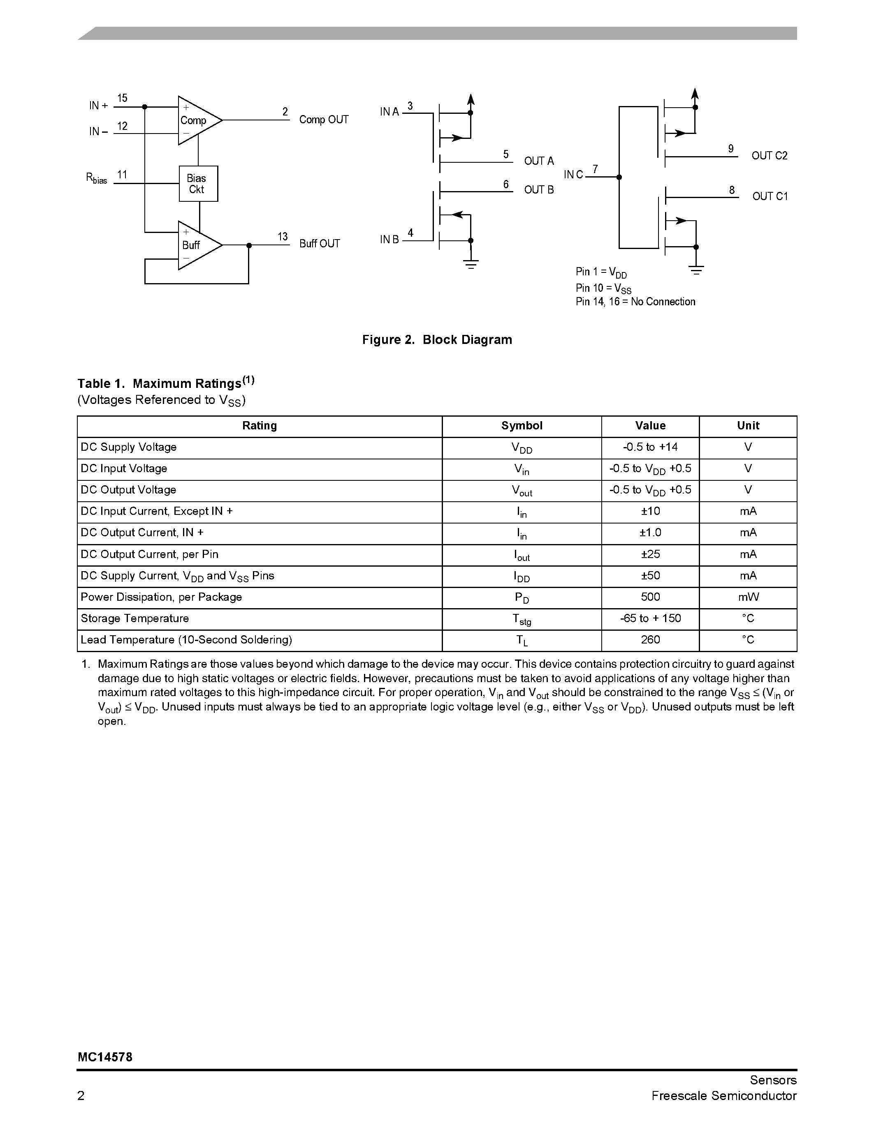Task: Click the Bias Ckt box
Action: click(x=198, y=184)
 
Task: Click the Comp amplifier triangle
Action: click(x=197, y=120)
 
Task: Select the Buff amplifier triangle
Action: click(x=197, y=245)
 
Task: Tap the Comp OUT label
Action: click(x=324, y=120)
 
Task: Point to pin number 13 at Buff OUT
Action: click(x=283, y=237)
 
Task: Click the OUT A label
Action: click(x=538, y=161)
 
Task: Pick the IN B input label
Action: click(x=389, y=240)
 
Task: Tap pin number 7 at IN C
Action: click(x=596, y=169)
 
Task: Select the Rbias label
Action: click(x=96, y=178)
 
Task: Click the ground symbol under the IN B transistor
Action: click(x=471, y=264)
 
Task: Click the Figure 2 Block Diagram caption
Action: click(x=437, y=340)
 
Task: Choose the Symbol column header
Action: click(x=522, y=426)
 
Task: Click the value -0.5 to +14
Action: click(x=650, y=447)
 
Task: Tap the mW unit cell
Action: click(x=748, y=597)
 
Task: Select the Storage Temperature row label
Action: click(x=134, y=618)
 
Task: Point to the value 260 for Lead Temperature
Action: click(x=650, y=640)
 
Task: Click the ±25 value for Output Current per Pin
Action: click(x=650, y=554)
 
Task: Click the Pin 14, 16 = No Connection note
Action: click(x=635, y=302)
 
